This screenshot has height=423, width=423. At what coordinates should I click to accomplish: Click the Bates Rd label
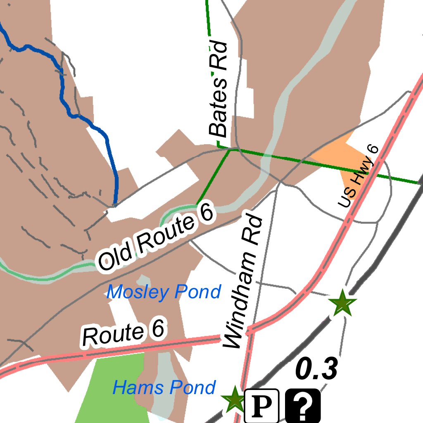[219, 89]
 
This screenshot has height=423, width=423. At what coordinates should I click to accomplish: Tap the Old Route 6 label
[156, 238]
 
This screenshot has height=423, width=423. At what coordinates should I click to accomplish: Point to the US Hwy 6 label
[358, 176]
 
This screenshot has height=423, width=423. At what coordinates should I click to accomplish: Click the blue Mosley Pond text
[164, 292]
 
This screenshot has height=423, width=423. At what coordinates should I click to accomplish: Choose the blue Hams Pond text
[164, 388]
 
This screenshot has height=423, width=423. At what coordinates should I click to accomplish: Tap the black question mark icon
[303, 406]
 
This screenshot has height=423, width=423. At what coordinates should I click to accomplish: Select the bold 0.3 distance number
[317, 369]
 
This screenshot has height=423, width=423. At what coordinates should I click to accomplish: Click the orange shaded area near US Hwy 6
[339, 157]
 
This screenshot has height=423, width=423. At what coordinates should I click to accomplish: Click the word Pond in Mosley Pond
[197, 292]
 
